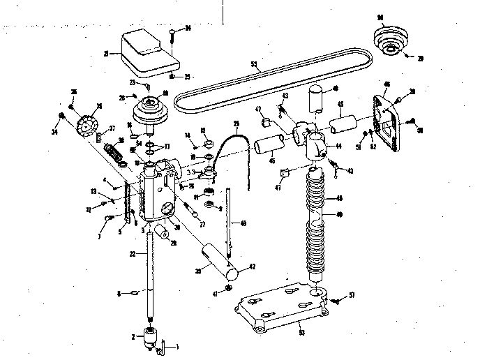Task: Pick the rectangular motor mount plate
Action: coord(386,115)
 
